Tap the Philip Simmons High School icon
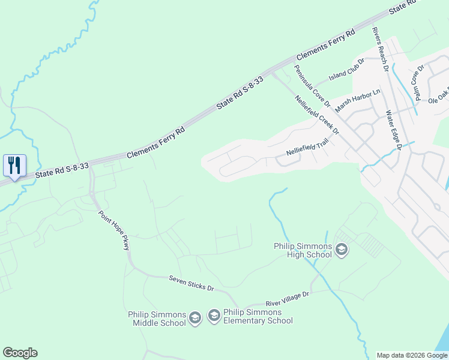point(342,249)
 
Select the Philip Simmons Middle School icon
point(194,318)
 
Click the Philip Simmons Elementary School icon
point(214,316)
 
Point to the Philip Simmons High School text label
point(304,249)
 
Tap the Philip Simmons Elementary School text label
point(258,316)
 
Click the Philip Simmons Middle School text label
point(157,319)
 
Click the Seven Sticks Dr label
point(191,283)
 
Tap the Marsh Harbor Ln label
point(358,100)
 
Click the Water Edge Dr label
point(393,128)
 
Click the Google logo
point(20,353)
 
